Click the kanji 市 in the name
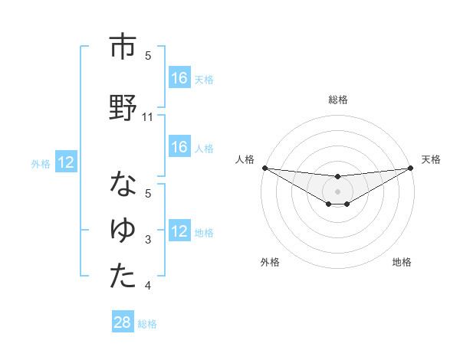[x=123, y=47]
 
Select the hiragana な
[x=123, y=185]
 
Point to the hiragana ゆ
[x=123, y=229]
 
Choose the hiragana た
[x=123, y=277]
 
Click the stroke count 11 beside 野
[x=149, y=117]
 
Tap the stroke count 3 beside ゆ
[x=149, y=241]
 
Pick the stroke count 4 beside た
[x=149, y=286]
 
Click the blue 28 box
[x=123, y=322]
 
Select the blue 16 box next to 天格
[x=179, y=78]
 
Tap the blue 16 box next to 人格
[x=179, y=147]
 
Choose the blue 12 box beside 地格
[x=179, y=231]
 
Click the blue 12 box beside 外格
[x=66, y=162]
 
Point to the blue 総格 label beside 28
[x=147, y=324]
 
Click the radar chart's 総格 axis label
[x=337, y=100]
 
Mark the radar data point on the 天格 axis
[x=410, y=168]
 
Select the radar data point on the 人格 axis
[x=264, y=168]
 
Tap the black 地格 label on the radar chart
[x=402, y=262]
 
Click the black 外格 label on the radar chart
[x=270, y=262]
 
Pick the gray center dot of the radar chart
[x=337, y=191]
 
